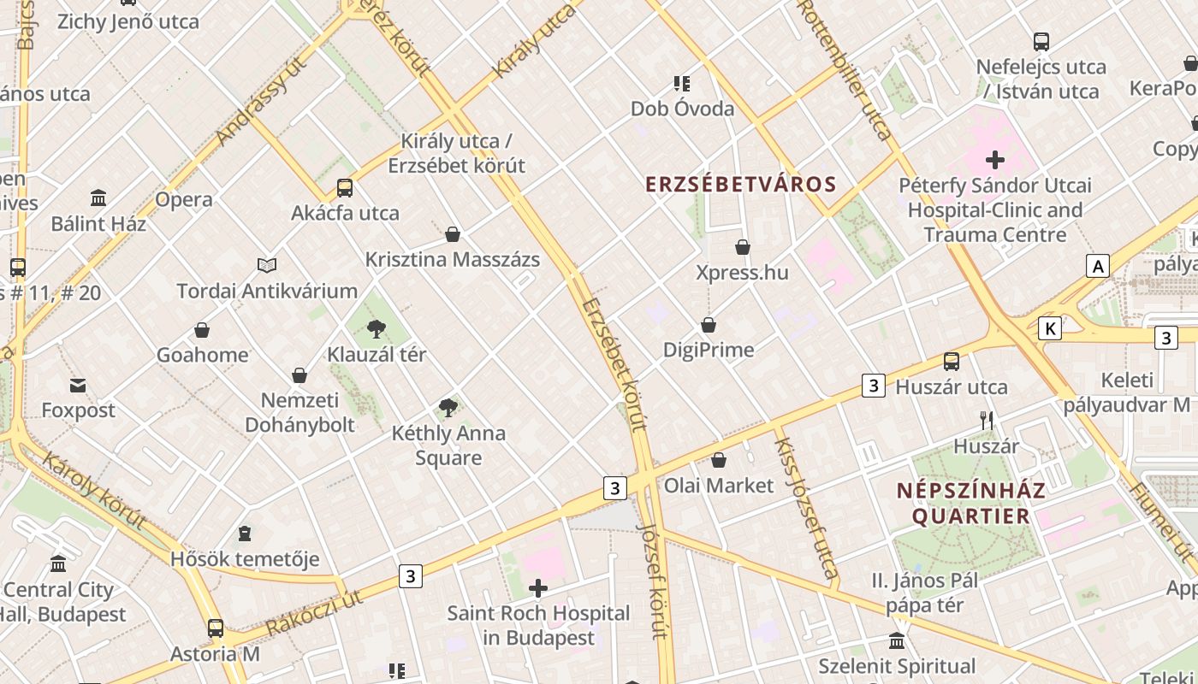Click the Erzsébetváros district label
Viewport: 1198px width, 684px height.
click(740, 185)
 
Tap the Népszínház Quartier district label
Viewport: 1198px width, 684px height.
click(970, 504)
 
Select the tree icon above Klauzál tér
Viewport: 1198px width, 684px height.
click(376, 329)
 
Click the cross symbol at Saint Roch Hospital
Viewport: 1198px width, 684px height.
click(538, 588)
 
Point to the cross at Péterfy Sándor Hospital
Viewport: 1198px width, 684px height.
click(994, 160)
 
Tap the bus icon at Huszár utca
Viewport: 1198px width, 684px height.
click(952, 362)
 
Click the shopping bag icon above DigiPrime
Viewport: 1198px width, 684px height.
click(709, 325)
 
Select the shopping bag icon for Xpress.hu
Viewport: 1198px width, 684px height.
click(743, 248)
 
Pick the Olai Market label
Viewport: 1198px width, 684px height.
click(719, 486)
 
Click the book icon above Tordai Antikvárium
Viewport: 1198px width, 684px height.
click(267, 266)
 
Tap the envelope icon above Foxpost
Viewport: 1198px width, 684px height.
click(78, 386)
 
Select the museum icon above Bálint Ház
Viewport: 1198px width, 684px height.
click(98, 198)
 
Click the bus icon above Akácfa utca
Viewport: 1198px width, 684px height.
click(345, 188)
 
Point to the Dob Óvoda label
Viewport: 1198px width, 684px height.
click(682, 109)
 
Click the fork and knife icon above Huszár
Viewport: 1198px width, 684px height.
click(987, 421)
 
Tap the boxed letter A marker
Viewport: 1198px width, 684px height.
click(1097, 266)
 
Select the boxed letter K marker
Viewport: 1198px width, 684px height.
click(1050, 328)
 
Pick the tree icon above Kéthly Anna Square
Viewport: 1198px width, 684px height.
click(448, 408)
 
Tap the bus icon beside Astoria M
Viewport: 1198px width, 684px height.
click(216, 629)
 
